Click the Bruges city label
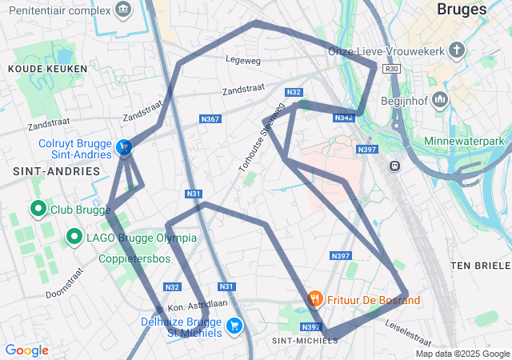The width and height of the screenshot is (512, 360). pyautogui.click(x=462, y=10)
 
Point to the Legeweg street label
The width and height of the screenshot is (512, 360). pyautogui.click(x=243, y=59)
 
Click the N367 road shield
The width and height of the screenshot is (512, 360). pyautogui.click(x=210, y=119)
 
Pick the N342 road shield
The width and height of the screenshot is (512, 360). pyautogui.click(x=343, y=118)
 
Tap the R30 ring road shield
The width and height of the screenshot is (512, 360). pyautogui.click(x=391, y=70)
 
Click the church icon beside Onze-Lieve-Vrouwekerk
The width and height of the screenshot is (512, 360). pyautogui.click(x=456, y=51)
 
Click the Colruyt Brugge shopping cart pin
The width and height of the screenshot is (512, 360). pyautogui.click(x=124, y=147)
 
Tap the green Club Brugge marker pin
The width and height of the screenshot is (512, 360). pyautogui.click(x=38, y=210)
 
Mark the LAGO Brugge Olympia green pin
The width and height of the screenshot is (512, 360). pyautogui.click(x=74, y=237)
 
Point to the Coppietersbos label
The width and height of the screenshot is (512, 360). pyautogui.click(x=134, y=259)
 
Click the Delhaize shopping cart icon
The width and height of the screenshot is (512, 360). pyautogui.click(x=234, y=326)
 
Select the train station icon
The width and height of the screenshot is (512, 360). pyautogui.click(x=394, y=166)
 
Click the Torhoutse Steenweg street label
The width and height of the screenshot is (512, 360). pyautogui.click(x=262, y=136)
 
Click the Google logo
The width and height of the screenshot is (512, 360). pyautogui.click(x=26, y=350)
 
